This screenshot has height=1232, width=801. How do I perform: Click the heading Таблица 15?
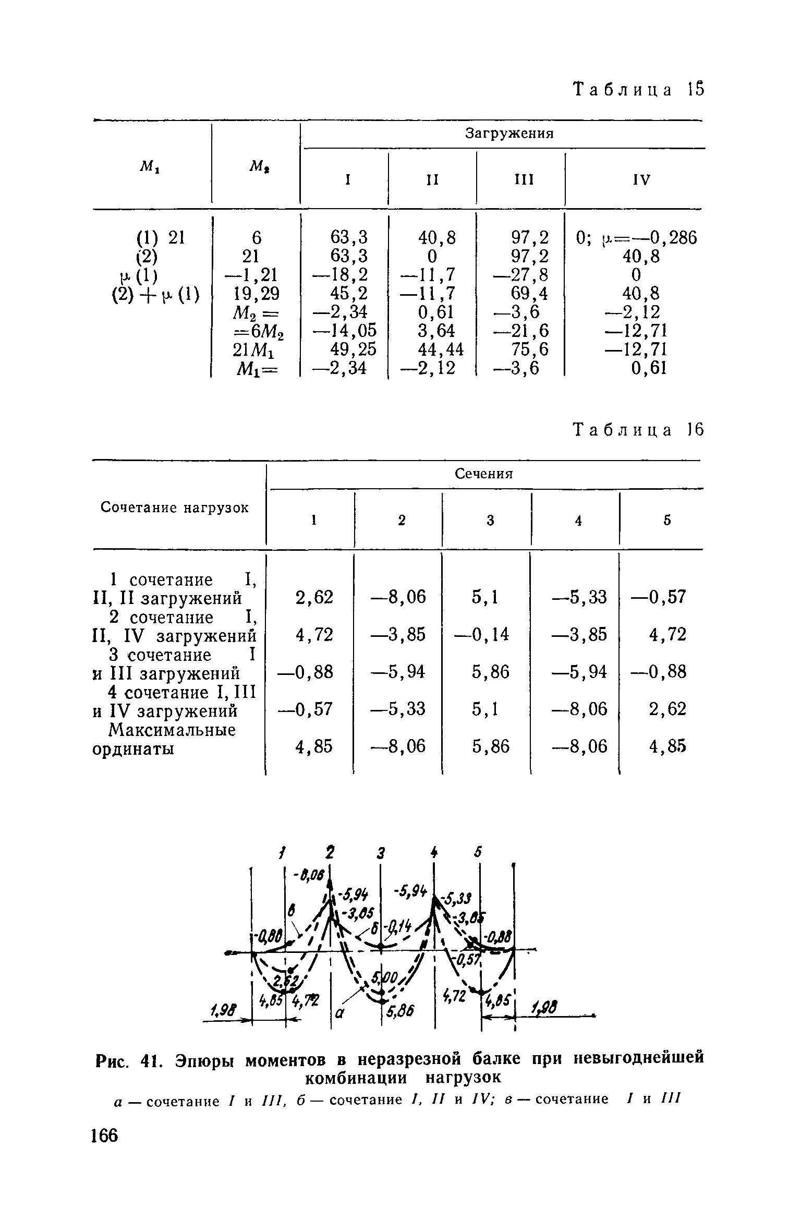coord(638,90)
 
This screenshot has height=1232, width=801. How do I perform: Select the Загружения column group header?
coord(508,134)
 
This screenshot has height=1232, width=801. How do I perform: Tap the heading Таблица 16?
coord(638,430)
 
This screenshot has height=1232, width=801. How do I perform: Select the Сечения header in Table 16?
coord(484,474)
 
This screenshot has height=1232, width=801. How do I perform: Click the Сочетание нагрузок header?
coord(175,508)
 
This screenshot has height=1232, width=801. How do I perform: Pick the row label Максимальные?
coord(164,730)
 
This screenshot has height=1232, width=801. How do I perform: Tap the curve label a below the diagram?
coord(339,1013)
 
